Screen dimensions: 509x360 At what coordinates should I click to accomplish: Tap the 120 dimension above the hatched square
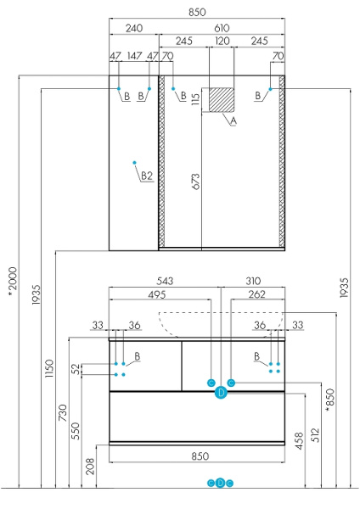222,41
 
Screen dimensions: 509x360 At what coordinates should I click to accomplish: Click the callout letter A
233,121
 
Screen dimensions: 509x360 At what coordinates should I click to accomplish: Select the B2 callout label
146,176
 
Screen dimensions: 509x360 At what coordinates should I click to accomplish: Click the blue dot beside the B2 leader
134,161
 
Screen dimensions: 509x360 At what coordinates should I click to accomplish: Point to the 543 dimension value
165,281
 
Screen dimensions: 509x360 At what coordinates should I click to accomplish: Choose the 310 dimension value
252,281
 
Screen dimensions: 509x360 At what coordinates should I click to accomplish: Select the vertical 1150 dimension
50,366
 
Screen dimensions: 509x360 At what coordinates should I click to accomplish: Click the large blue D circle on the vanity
221,392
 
